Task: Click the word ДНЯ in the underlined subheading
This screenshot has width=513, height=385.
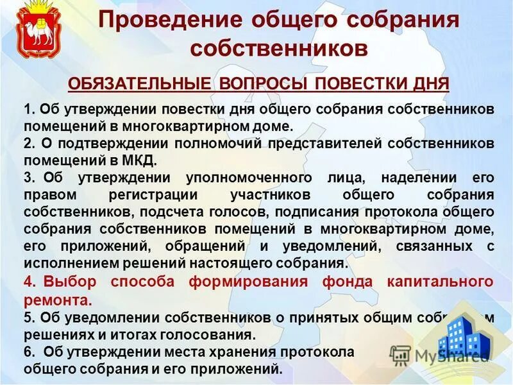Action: click(432, 83)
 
